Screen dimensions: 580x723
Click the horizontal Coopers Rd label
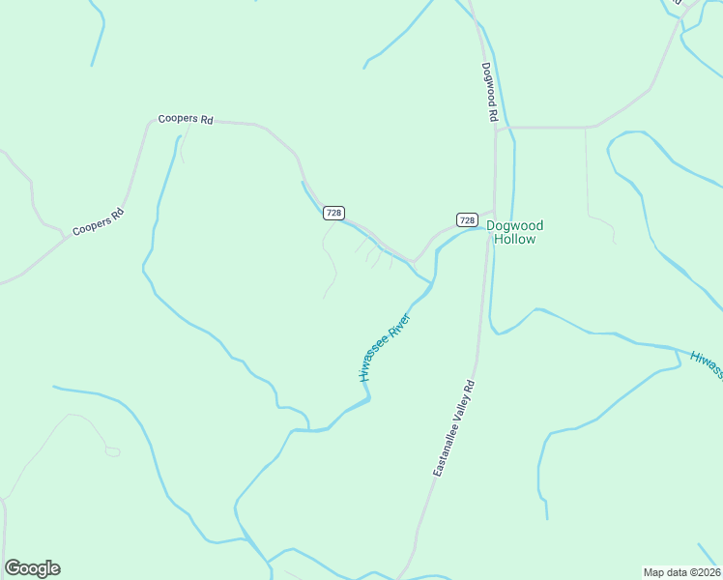click(x=185, y=119)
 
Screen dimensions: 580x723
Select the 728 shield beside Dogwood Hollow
click(x=467, y=220)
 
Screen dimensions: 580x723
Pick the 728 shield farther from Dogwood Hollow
click(x=333, y=213)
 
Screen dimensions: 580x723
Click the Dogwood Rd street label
click(x=491, y=93)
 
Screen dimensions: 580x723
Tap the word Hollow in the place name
click(x=514, y=239)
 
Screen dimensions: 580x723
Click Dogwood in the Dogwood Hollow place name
click(x=514, y=225)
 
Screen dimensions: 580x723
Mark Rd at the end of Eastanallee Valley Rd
click(x=469, y=386)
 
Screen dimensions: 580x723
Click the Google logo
click(x=32, y=568)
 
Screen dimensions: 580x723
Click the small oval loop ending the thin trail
click(x=112, y=451)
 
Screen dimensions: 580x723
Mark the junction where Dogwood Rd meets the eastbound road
click(x=496, y=128)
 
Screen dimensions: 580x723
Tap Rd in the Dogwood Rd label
click(x=493, y=113)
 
